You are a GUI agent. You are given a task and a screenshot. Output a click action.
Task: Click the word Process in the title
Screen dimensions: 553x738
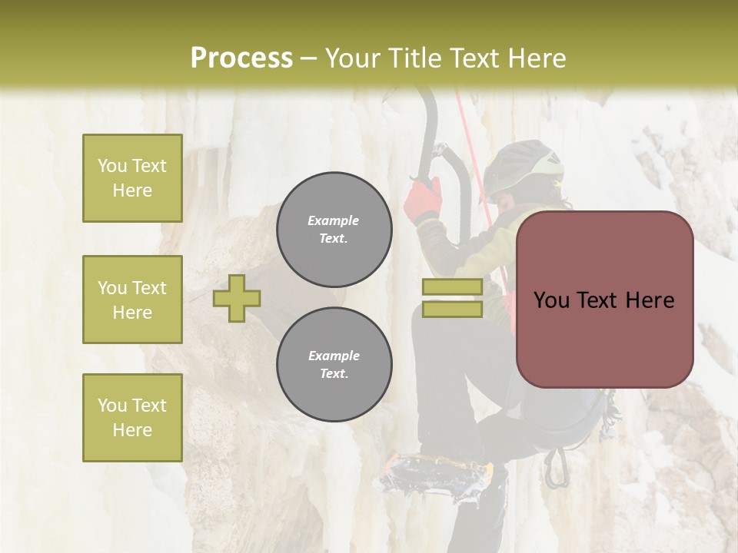(x=241, y=58)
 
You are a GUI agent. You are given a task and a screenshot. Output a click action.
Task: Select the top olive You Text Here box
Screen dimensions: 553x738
(x=132, y=178)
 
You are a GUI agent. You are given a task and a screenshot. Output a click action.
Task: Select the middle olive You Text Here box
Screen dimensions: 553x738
(x=132, y=300)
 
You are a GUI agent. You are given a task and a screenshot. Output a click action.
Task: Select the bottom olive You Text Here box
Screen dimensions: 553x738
(x=132, y=418)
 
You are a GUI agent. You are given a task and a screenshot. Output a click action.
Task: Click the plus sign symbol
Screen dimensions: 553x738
(x=237, y=297)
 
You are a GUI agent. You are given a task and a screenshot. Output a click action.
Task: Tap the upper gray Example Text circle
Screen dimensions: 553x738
(x=334, y=230)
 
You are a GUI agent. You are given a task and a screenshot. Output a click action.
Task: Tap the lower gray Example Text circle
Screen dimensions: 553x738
(x=334, y=365)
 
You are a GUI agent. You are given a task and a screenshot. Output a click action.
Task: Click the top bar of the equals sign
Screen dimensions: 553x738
(x=452, y=287)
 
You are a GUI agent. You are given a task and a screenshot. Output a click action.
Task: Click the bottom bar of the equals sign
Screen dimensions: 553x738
(x=452, y=309)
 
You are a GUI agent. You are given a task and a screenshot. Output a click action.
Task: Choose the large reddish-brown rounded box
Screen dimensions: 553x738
(x=604, y=300)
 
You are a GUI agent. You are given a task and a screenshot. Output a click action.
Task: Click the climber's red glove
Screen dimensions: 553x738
(x=424, y=200)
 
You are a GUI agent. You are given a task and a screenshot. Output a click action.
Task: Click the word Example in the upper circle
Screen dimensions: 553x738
(x=334, y=220)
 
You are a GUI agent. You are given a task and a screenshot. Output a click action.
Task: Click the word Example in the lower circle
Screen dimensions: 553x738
(x=334, y=356)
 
